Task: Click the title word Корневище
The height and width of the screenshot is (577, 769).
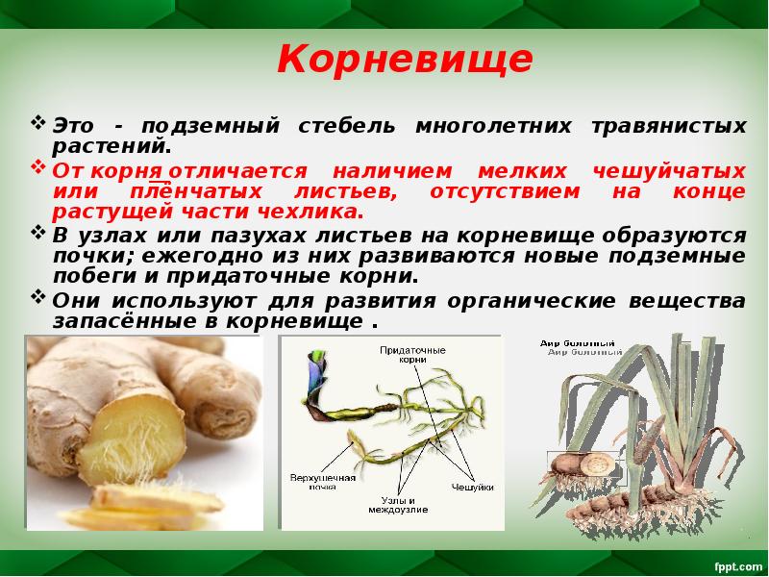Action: click(404, 60)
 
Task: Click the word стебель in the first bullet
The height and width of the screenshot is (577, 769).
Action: click(355, 126)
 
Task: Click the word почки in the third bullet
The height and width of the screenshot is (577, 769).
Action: click(87, 255)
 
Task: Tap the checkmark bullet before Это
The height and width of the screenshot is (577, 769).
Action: click(38, 124)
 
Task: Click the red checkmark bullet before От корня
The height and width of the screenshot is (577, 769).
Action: click(38, 168)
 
